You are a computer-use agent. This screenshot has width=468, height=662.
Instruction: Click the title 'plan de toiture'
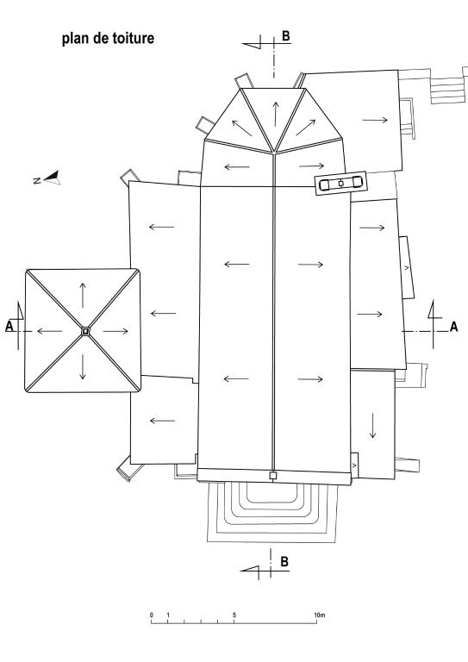click(108, 39)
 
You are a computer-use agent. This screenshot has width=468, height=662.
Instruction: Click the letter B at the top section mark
click(285, 36)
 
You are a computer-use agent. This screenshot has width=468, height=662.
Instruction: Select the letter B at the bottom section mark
click(284, 561)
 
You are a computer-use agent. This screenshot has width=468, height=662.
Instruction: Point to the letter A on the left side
click(9, 326)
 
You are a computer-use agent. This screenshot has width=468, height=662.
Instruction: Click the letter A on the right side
click(453, 327)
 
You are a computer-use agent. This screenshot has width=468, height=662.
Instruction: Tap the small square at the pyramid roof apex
click(85, 332)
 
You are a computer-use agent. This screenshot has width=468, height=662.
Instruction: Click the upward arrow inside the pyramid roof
click(83, 296)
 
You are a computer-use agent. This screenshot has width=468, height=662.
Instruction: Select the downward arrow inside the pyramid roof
click(83, 367)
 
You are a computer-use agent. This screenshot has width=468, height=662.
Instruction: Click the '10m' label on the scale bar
click(320, 615)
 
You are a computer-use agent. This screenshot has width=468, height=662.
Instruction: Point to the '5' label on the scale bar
click(234, 615)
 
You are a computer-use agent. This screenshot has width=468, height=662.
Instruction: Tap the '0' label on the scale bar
click(152, 615)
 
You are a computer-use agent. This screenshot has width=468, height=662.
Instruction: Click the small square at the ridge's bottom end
click(273, 476)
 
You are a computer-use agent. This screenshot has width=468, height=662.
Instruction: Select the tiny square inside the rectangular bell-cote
click(341, 184)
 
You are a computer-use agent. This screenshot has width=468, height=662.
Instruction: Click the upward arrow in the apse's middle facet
click(276, 114)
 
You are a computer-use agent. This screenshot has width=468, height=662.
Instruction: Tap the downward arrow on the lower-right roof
click(373, 426)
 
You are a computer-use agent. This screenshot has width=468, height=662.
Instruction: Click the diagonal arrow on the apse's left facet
click(242, 128)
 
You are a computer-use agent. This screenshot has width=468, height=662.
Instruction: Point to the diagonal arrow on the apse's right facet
click(305, 128)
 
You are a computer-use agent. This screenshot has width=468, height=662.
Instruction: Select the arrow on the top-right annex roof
click(375, 121)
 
